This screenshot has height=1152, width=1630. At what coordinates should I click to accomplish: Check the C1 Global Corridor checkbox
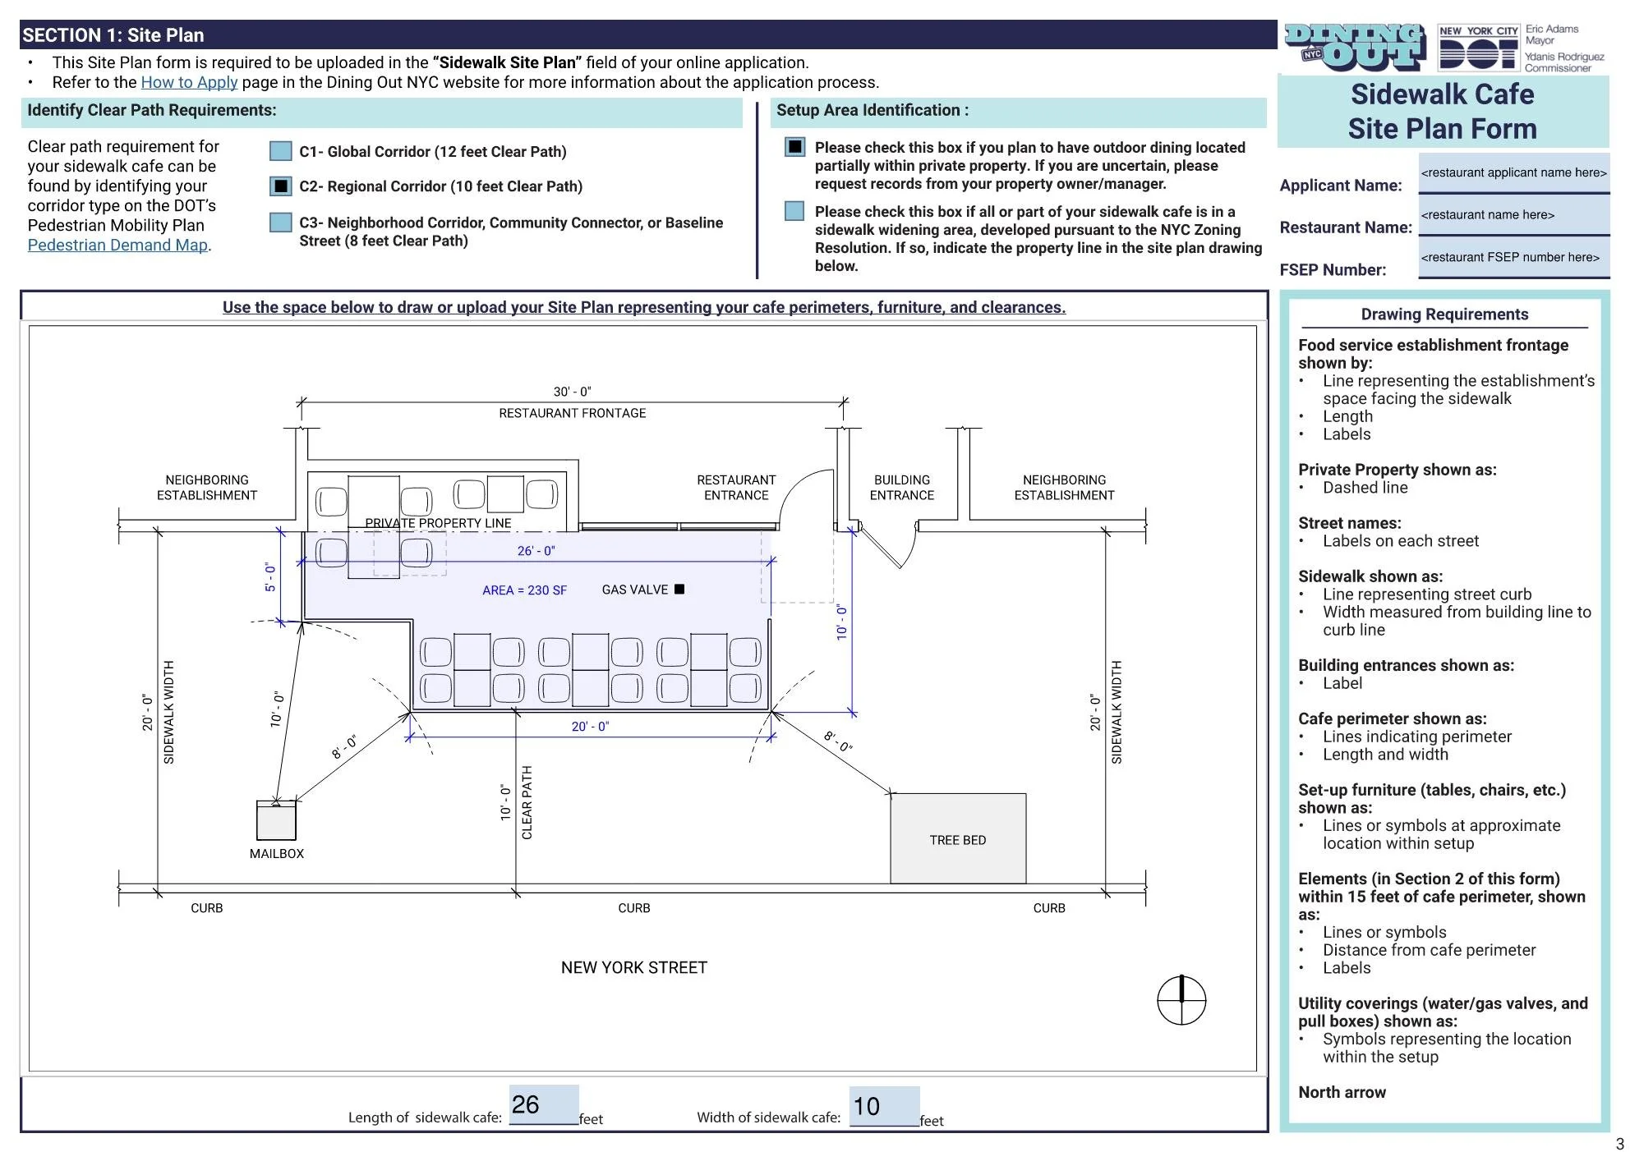click(281, 151)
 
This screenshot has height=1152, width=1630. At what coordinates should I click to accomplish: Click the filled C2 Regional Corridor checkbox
click(281, 186)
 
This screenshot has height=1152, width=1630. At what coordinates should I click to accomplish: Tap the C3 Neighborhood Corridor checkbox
click(281, 223)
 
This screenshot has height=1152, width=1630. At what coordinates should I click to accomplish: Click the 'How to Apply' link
click(189, 82)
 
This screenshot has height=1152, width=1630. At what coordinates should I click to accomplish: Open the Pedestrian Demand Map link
click(117, 245)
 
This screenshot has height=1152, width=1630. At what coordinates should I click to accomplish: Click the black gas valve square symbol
click(679, 589)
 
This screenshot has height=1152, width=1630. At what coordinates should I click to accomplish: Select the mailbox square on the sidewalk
click(276, 819)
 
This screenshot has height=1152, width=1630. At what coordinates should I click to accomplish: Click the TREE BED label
click(958, 840)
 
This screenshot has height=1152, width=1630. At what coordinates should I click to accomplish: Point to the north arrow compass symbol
click(1181, 1000)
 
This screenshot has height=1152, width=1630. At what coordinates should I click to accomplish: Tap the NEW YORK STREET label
click(633, 967)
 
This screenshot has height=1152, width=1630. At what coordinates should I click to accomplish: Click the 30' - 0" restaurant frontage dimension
click(572, 392)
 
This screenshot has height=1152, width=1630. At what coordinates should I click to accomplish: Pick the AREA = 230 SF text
click(524, 590)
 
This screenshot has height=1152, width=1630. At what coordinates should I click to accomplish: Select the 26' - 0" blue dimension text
click(536, 551)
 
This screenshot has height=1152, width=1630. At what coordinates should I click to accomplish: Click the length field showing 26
click(543, 1105)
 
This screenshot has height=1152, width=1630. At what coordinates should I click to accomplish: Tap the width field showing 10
click(884, 1106)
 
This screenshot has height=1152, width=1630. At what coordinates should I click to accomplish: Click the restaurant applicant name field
click(1513, 173)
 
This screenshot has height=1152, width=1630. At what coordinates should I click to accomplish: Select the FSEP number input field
click(1513, 258)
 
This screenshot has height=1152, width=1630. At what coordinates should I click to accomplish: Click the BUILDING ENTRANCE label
click(902, 487)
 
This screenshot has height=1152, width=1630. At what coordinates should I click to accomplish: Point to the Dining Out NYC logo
click(1354, 48)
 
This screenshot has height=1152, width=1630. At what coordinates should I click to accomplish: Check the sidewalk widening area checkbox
click(794, 211)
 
